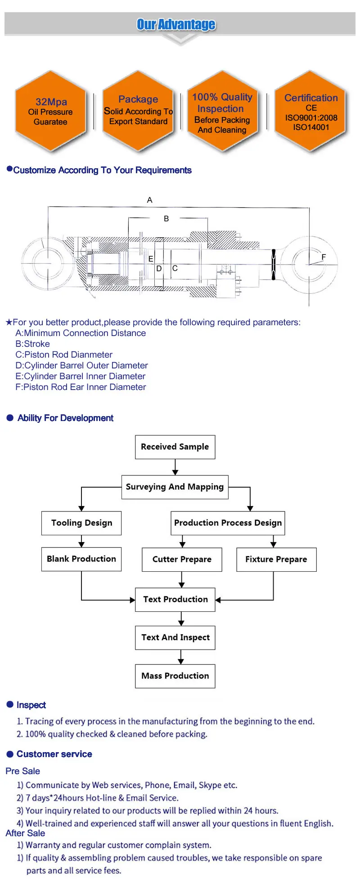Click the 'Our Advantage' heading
click(176, 24)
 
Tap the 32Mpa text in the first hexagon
click(51, 102)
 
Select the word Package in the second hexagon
click(138, 99)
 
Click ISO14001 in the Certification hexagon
click(311, 127)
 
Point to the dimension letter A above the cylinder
click(150, 200)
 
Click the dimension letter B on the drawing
click(166, 219)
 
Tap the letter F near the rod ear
click(324, 257)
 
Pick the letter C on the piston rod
click(175, 268)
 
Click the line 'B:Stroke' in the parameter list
click(33, 344)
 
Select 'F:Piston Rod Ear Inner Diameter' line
click(81, 387)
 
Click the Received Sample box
click(175, 447)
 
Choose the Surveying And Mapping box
click(175, 487)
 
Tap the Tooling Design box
click(81, 523)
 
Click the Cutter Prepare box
click(182, 560)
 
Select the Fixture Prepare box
click(276, 560)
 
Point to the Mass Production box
click(175, 676)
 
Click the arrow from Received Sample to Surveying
click(175, 467)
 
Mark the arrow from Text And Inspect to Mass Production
click(181, 657)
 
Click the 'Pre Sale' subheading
click(23, 771)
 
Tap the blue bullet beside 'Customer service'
click(10, 754)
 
